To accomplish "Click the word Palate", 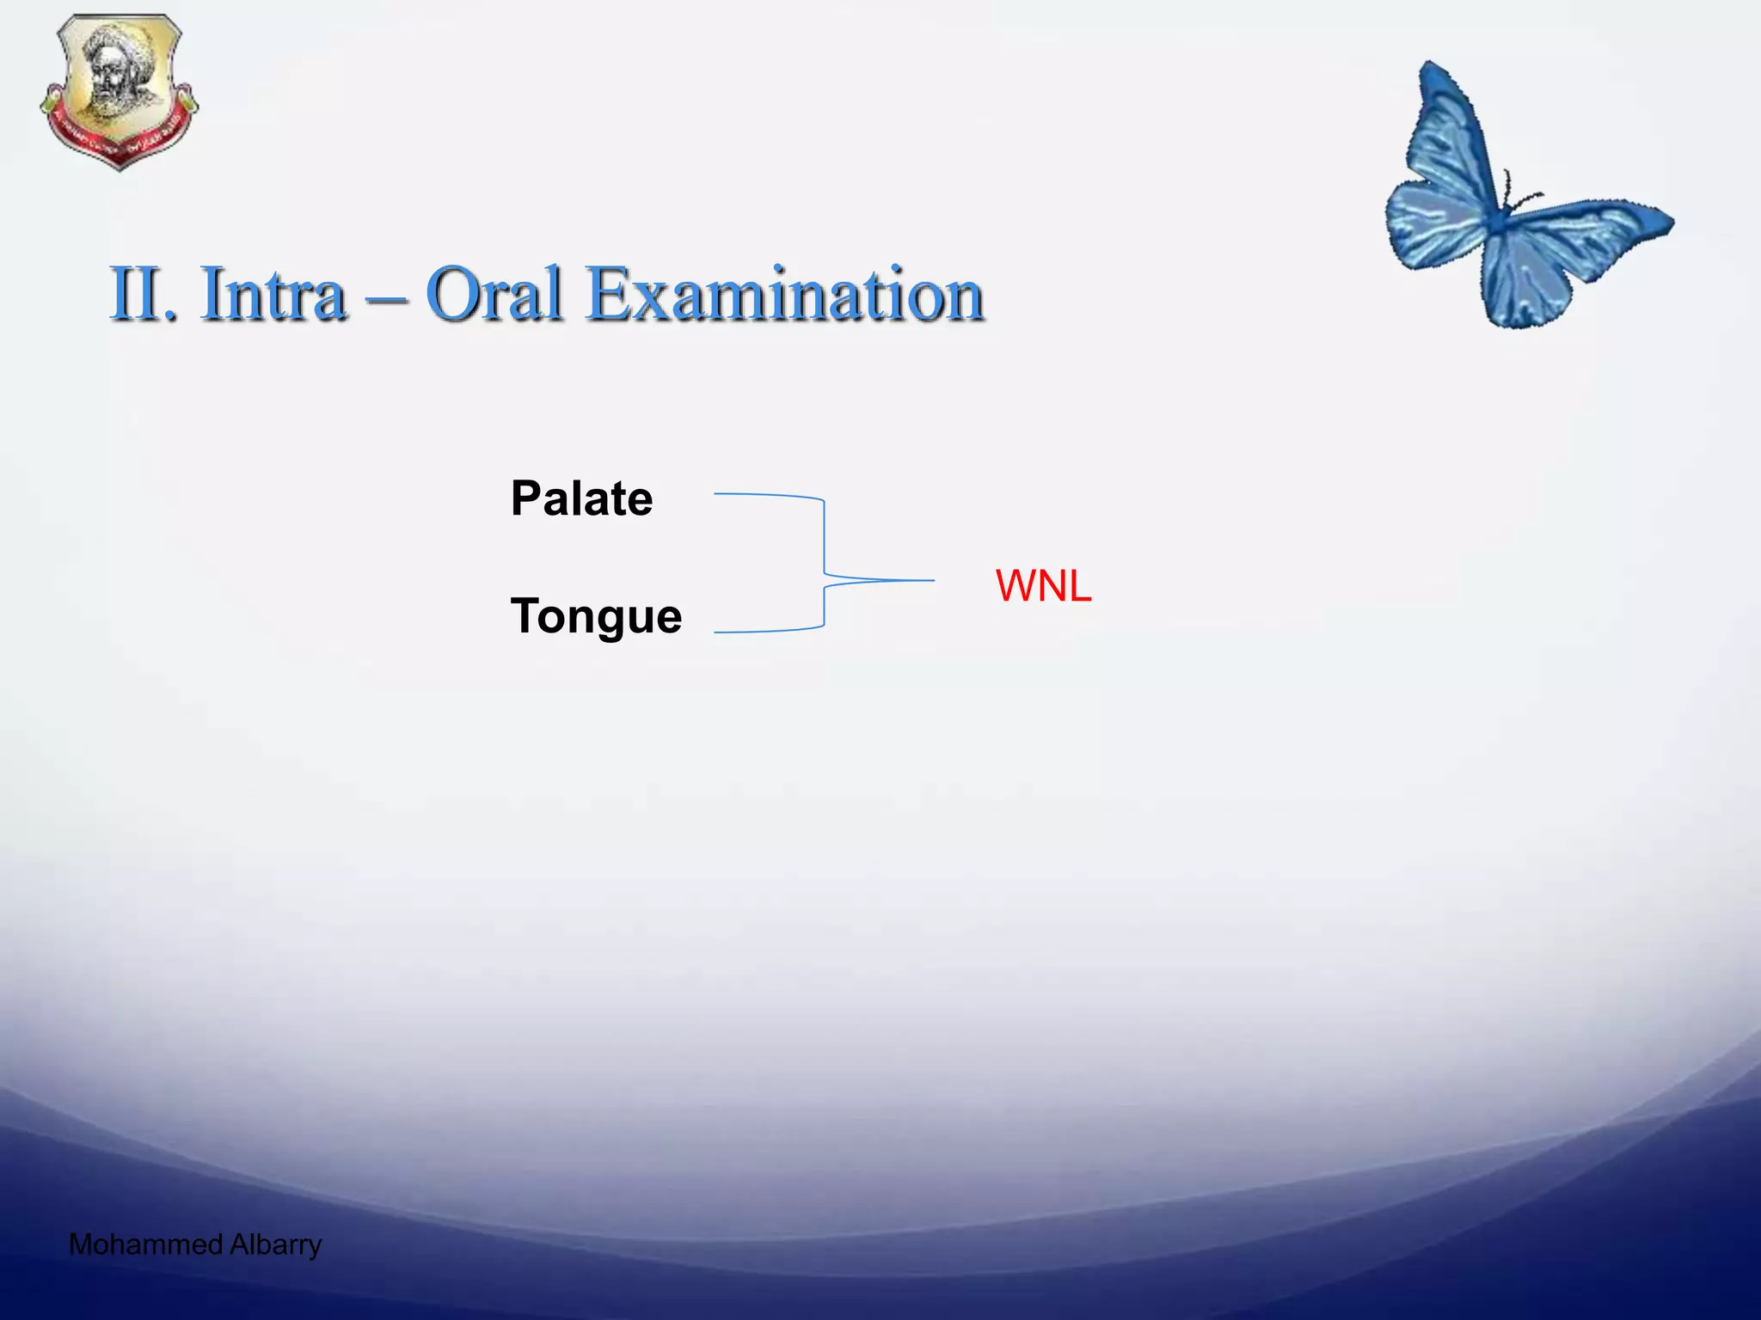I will [581, 498].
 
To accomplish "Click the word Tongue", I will [596, 616].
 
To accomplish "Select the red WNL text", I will [1043, 586].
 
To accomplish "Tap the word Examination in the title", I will [785, 294].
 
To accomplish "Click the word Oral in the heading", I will [494, 294].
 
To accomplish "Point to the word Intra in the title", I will [273, 294].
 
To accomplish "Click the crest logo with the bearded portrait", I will [119, 90].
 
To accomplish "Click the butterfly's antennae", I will [1519, 193].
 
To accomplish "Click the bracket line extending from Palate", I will [765, 496].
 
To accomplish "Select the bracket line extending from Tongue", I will [765, 630].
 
